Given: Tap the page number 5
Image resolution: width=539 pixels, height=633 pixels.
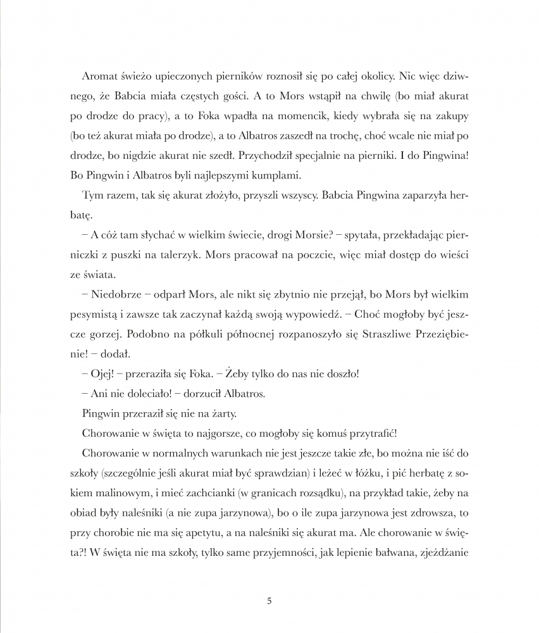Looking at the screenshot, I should (x=270, y=601).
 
